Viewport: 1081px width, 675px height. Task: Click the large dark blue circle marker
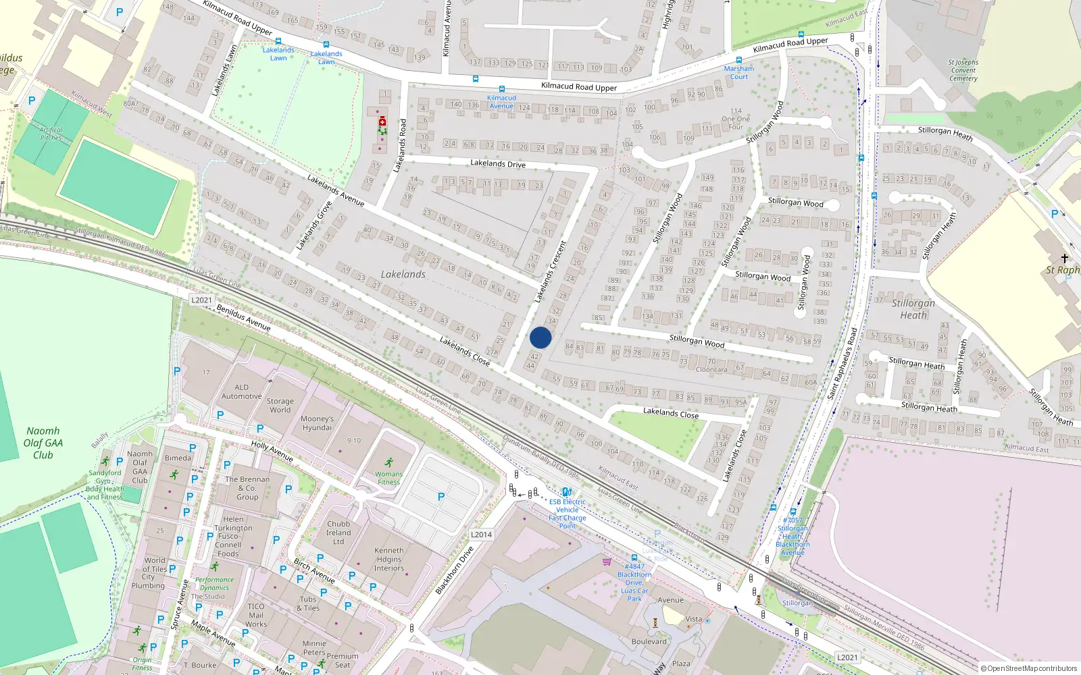coord(540,337)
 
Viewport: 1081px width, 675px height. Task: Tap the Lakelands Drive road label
coord(498,163)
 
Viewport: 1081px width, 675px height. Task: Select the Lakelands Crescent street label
coord(550,272)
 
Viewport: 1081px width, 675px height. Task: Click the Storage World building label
coord(280,405)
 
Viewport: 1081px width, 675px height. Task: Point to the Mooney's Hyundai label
coord(318,423)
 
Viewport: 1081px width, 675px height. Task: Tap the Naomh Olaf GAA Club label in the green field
coord(43,443)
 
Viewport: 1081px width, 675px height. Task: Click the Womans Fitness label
coord(388,478)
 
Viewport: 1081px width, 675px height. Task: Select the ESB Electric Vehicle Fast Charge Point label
coord(567,514)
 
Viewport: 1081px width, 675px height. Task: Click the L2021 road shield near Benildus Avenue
coord(201,300)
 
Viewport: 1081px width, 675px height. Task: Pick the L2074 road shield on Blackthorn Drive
coord(481,535)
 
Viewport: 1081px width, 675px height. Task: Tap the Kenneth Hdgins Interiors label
coord(389,559)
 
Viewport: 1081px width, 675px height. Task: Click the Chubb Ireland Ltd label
coord(338,533)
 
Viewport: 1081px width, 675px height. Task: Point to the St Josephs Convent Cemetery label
coord(963,70)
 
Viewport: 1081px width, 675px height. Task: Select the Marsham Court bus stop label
coord(739,72)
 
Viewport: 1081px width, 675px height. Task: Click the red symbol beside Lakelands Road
coord(382,122)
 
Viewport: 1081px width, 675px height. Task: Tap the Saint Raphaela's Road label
coord(843,363)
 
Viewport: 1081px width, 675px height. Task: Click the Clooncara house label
coord(711,369)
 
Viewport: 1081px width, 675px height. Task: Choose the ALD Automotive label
coord(241,392)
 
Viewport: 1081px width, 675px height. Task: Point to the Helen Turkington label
coord(233,524)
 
